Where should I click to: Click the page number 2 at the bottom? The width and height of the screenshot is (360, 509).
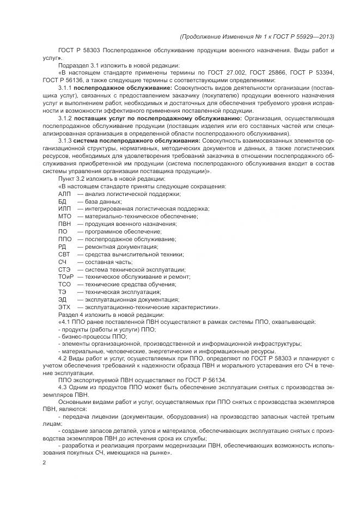(x=44, y=463)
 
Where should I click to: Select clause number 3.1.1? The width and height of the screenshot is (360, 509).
(x=65, y=87)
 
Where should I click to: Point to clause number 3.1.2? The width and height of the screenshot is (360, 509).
(x=65, y=117)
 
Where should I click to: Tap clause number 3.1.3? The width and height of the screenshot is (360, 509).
(x=65, y=140)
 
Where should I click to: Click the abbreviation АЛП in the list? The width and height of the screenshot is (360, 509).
(x=64, y=194)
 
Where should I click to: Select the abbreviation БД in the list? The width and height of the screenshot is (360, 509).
(x=62, y=201)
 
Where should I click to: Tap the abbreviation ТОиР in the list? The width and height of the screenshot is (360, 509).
(x=66, y=277)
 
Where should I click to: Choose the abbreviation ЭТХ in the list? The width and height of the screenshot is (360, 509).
(x=64, y=306)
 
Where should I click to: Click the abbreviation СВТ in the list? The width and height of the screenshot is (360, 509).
(x=64, y=254)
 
